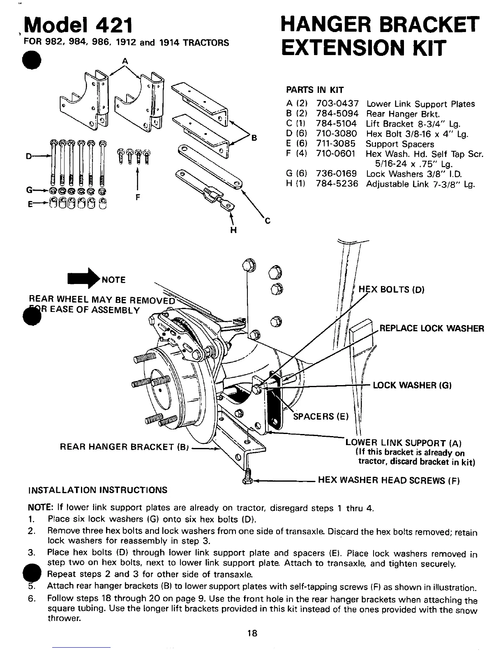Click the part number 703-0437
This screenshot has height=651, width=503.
click(337, 104)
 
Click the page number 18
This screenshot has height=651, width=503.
click(252, 633)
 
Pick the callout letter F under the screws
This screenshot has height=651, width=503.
click(138, 197)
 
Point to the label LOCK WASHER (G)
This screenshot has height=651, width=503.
click(412, 385)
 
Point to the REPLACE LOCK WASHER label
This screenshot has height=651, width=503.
click(431, 328)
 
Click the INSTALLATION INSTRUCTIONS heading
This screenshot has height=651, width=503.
click(97, 490)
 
